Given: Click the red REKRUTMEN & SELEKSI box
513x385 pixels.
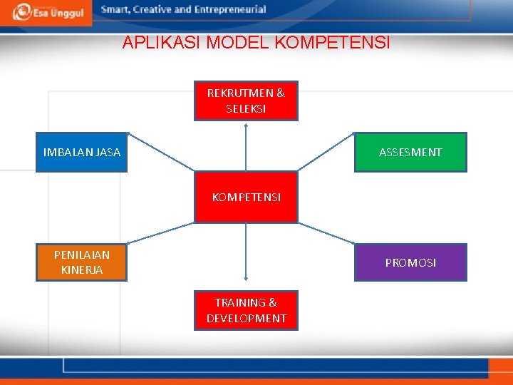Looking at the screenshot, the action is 246,101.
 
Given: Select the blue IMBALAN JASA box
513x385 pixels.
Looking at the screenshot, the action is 82,152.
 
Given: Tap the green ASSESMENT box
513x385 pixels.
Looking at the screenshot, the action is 410,152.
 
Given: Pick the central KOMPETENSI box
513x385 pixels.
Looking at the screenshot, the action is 246,197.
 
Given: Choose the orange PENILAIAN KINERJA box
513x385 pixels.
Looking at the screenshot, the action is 82,262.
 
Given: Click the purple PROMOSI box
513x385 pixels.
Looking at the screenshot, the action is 410,262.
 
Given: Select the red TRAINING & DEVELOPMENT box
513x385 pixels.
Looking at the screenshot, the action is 246,310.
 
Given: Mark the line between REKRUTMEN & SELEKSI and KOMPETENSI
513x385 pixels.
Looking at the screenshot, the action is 246,146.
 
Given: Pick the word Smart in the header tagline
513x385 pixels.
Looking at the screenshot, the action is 116,10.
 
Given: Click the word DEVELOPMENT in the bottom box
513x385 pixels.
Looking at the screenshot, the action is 246,319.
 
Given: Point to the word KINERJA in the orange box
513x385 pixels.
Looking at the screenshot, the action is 82,270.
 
